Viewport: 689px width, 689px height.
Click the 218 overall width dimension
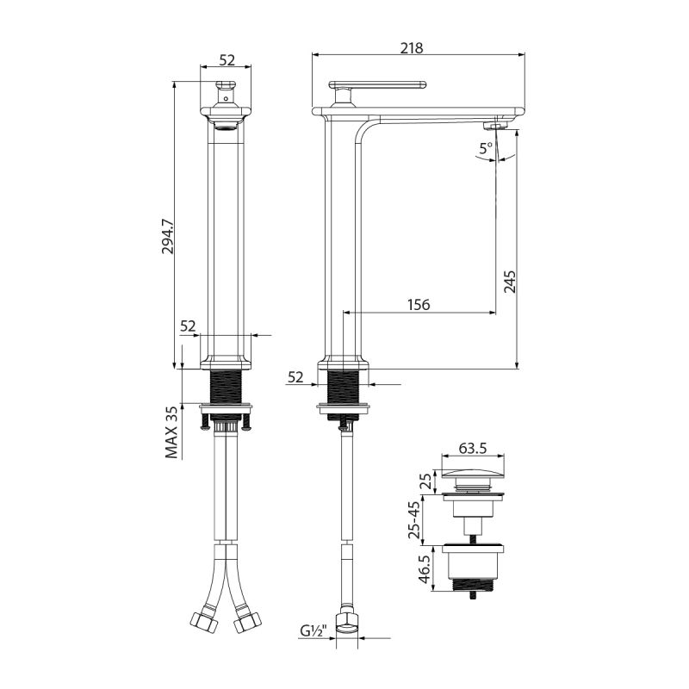click(413, 48)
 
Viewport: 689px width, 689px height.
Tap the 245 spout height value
click(508, 282)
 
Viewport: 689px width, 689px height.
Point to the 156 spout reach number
click(418, 304)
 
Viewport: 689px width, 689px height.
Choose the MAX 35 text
click(172, 431)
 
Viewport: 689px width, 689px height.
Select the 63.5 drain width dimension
click(472, 448)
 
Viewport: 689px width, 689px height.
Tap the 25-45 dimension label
click(416, 519)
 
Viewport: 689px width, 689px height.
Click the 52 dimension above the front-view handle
click(227, 59)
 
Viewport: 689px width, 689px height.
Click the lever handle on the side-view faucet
click(379, 86)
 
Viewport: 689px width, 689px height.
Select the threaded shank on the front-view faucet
click(227, 385)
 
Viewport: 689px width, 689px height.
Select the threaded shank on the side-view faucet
click(344, 385)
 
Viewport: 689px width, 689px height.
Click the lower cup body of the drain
click(472, 568)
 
